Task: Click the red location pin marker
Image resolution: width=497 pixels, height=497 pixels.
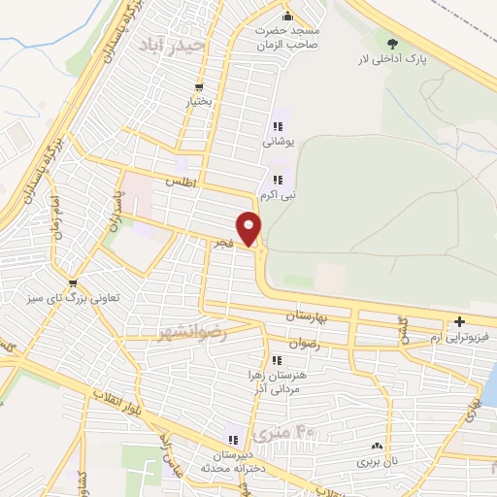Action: (x=250, y=229)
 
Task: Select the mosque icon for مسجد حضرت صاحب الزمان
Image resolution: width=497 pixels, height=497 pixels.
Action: (x=286, y=16)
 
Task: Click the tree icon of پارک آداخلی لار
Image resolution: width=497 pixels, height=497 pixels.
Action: (x=392, y=43)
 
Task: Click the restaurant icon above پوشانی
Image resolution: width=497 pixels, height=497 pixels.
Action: (x=278, y=126)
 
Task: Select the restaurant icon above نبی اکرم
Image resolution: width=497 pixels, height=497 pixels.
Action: (x=278, y=179)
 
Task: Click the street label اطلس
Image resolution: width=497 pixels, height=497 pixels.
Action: (x=181, y=182)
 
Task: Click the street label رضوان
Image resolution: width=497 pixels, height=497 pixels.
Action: (x=331, y=343)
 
